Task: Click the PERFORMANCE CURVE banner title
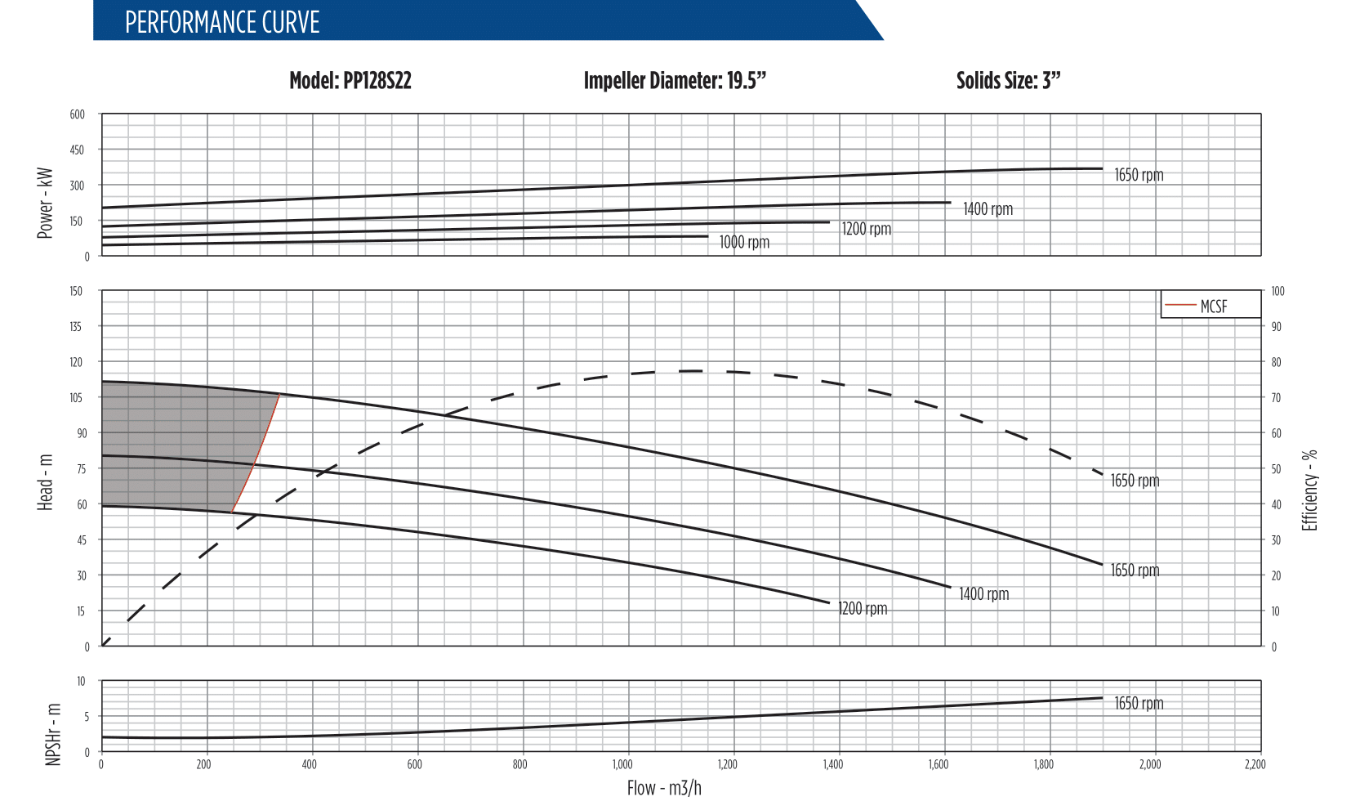click(222, 22)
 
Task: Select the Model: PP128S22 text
click(350, 81)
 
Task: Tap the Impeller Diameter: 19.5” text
click(675, 81)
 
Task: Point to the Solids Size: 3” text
click(1008, 81)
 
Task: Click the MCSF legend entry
click(1213, 307)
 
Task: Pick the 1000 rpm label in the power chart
click(744, 242)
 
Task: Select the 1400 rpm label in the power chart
click(988, 209)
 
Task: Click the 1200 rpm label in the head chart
click(863, 609)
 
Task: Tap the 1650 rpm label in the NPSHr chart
click(1139, 704)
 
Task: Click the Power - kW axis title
click(45, 204)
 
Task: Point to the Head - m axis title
click(45, 482)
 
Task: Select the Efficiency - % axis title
click(1309, 490)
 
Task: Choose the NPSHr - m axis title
click(53, 734)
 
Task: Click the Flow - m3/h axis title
click(664, 788)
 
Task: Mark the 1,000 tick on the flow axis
click(622, 765)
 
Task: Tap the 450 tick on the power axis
click(77, 150)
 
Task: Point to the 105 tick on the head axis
click(76, 398)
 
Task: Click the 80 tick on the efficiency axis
click(1276, 363)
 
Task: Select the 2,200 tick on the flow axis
click(1255, 765)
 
